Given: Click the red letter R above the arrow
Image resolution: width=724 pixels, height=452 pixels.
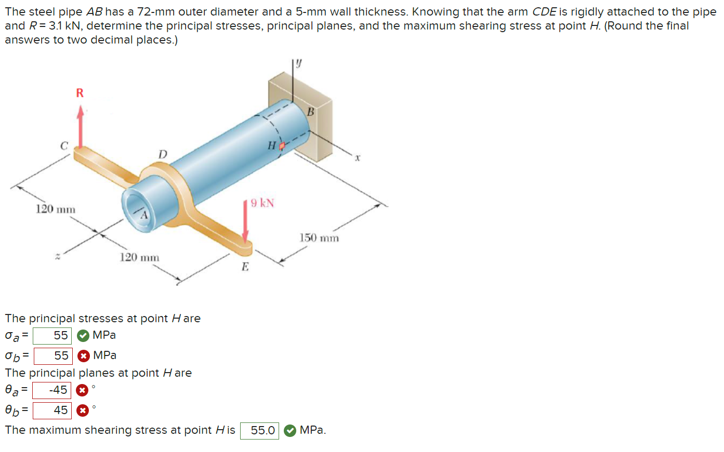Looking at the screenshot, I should click(80, 93).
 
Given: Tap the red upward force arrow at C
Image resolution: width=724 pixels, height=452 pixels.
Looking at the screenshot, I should click(80, 127).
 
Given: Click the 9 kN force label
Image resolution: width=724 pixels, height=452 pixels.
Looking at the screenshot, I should click(262, 203).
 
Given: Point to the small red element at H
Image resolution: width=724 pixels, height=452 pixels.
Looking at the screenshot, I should click(282, 146).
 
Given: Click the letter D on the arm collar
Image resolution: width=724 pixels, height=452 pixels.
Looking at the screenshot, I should click(163, 155).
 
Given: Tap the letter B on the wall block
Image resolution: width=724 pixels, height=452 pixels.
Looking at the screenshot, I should click(311, 112).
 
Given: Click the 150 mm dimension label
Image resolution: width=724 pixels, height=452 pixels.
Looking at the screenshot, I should click(319, 238).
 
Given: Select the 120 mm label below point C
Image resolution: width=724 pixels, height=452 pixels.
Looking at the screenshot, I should click(55, 209).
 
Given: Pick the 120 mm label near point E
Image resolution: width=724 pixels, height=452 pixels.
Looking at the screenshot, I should click(139, 257).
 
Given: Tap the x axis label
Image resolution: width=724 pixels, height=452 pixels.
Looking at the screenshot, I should click(358, 157).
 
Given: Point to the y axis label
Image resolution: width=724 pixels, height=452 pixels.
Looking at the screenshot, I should click(299, 64).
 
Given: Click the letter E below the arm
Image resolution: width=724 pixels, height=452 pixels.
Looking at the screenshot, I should click(245, 267).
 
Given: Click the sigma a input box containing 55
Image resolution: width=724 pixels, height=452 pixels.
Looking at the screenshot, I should click(52, 336).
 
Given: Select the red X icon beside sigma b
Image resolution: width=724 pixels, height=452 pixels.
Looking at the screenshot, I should click(83, 356).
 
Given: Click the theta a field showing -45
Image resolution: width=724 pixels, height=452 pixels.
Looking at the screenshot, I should click(51, 390).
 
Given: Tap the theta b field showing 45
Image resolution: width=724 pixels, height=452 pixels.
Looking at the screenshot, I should click(52, 410).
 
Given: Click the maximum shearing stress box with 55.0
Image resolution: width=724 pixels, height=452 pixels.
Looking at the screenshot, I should click(259, 431).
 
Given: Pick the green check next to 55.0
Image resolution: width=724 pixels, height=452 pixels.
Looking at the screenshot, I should click(290, 431).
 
